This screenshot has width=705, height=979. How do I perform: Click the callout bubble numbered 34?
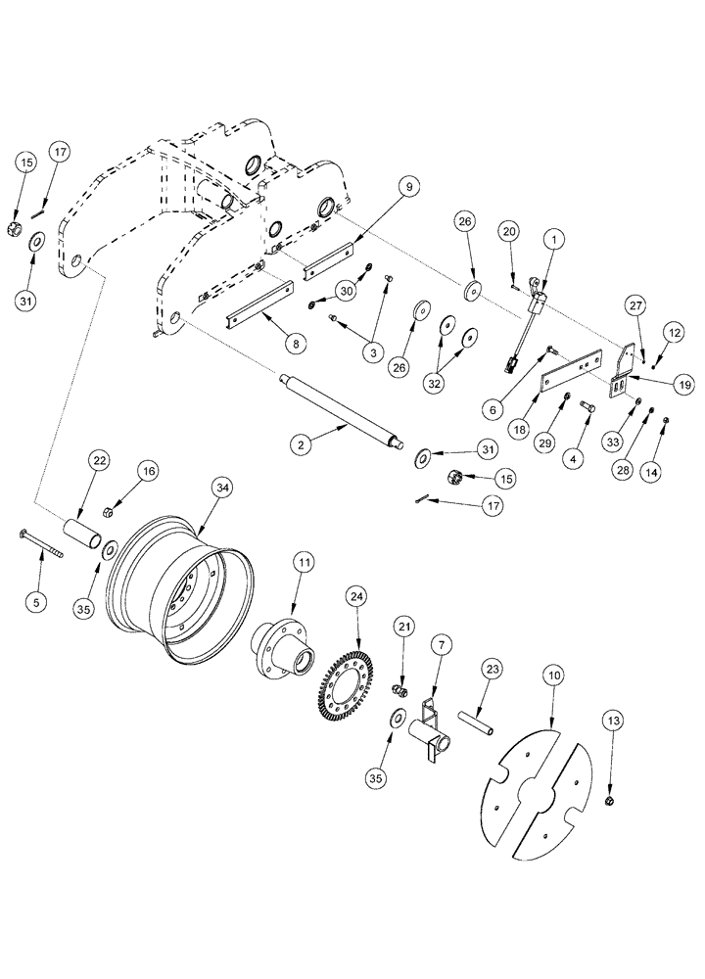(222, 487)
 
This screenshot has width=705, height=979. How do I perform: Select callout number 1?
(554, 237)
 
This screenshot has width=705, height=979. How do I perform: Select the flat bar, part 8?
(260, 306)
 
